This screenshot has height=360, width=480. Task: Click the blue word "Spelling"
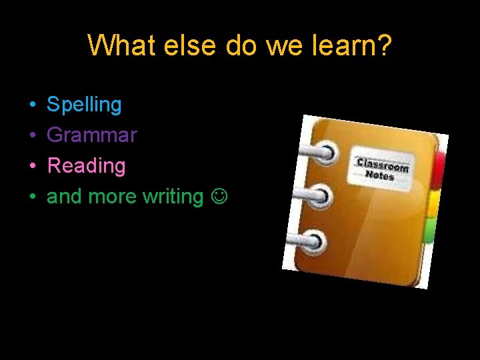(x=84, y=105)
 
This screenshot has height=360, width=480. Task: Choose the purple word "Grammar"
(x=92, y=135)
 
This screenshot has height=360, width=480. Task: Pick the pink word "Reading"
(x=86, y=165)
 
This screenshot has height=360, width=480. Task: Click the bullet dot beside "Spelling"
(x=32, y=105)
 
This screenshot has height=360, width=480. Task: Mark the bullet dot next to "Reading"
(x=32, y=166)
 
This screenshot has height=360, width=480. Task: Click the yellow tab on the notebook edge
(x=433, y=203)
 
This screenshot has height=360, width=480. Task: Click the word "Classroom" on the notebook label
(x=383, y=165)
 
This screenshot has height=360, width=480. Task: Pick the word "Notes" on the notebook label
(x=380, y=175)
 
